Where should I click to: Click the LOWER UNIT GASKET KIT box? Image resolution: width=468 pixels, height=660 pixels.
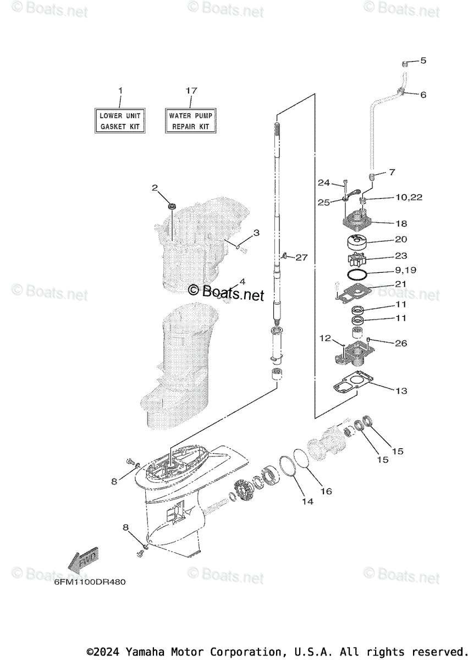[120, 121]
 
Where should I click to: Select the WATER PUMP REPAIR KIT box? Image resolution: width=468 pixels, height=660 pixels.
[190, 121]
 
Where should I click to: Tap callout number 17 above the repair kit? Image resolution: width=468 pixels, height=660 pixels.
[191, 90]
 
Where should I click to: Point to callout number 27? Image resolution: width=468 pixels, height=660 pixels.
[301, 257]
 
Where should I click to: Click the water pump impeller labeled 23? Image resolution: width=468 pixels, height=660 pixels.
[357, 257]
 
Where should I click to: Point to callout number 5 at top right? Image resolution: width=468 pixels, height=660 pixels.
[423, 61]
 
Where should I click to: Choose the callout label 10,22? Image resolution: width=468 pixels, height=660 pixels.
[408, 197]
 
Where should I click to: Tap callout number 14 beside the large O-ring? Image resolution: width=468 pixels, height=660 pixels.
[307, 502]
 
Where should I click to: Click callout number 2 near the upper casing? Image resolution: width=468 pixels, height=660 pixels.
[155, 188]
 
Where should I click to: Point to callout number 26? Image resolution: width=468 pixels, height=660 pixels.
[401, 343]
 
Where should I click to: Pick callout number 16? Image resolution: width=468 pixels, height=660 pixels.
[326, 491]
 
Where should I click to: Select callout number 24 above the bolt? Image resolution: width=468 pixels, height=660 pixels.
[323, 183]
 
